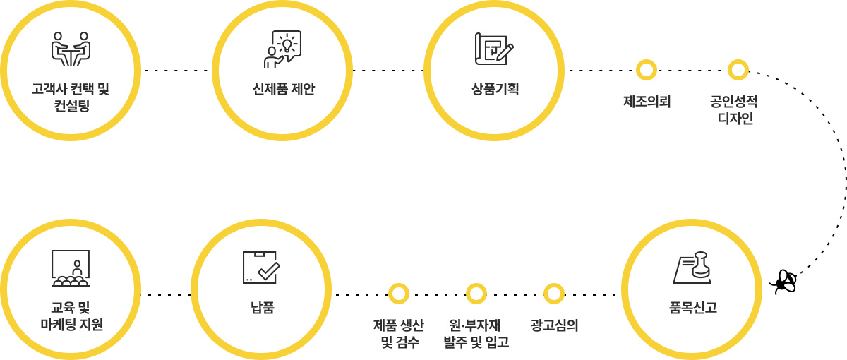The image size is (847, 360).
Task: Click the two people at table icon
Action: (x=71, y=49)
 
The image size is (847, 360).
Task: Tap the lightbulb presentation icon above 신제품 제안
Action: (x=282, y=49)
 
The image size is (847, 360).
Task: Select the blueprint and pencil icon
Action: (x=494, y=49)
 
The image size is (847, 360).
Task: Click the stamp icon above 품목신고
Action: (x=692, y=268)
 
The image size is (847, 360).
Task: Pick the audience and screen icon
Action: (x=71, y=268)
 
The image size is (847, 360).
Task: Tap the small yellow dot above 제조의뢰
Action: (x=647, y=70)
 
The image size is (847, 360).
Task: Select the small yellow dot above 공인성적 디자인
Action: (x=738, y=70)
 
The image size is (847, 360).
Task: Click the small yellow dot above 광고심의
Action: (x=554, y=294)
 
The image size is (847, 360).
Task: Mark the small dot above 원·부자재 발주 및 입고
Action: (x=476, y=294)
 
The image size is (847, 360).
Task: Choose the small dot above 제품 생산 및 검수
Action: (x=399, y=294)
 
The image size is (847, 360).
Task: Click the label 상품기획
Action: (x=495, y=89)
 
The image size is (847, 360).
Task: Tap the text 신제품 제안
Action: (x=283, y=89)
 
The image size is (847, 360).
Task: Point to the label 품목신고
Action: (x=692, y=308)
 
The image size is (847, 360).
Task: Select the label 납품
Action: (x=262, y=308)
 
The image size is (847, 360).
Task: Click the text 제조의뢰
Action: (x=647, y=102)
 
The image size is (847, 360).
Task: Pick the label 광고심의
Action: (x=554, y=325)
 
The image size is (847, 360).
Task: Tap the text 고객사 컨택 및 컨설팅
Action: (x=71, y=97)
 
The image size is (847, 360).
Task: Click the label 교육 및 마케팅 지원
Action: (x=71, y=316)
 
